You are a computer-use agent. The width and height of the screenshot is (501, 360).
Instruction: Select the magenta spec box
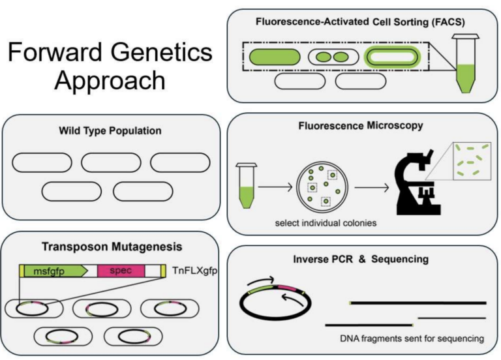click(x=121, y=271)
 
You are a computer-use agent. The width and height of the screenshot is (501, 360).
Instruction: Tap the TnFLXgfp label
click(x=195, y=269)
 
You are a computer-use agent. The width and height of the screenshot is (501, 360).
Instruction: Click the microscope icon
click(x=418, y=186)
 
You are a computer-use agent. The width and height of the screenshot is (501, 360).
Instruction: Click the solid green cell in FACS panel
click(x=273, y=57)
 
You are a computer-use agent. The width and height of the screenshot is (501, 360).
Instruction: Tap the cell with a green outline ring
click(x=392, y=57)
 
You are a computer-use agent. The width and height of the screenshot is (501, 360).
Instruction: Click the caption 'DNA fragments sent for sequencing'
click(x=412, y=338)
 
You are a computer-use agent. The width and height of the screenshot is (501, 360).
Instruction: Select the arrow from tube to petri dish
click(x=274, y=187)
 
